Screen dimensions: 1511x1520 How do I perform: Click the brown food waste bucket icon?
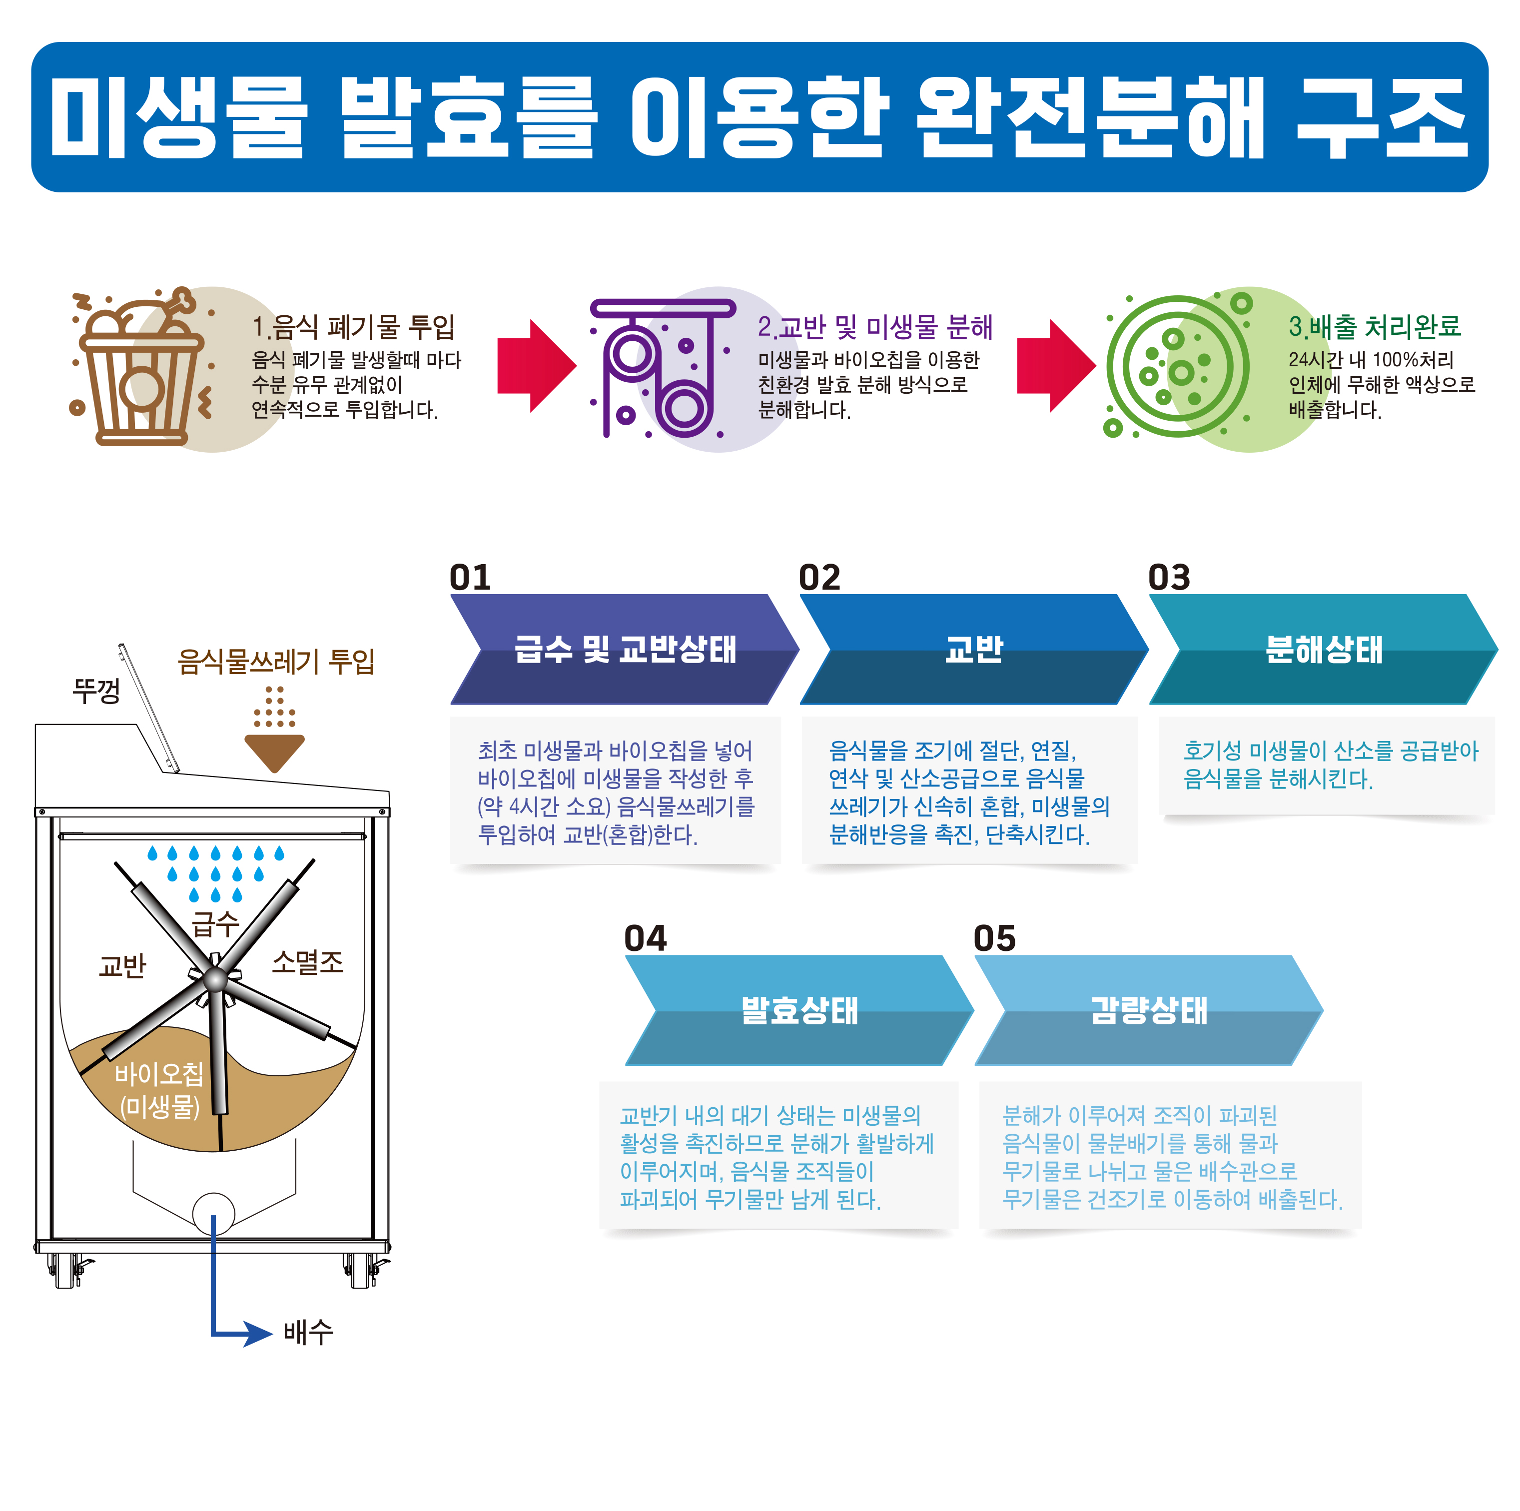point(140,368)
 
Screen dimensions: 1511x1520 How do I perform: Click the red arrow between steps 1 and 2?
point(537,366)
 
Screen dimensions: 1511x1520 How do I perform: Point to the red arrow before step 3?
point(1056,366)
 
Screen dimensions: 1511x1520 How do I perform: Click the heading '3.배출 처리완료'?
point(1374,326)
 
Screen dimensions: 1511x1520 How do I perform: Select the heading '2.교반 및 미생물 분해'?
point(875,326)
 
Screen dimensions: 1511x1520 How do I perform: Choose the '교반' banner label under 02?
point(974,650)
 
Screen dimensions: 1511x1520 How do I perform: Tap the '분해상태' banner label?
point(1323,650)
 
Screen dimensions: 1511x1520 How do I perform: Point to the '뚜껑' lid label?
point(96,691)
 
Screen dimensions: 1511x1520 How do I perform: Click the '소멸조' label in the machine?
point(308,962)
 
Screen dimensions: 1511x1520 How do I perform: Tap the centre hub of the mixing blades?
point(215,980)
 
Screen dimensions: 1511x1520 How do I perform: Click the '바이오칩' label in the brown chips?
point(159,1074)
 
